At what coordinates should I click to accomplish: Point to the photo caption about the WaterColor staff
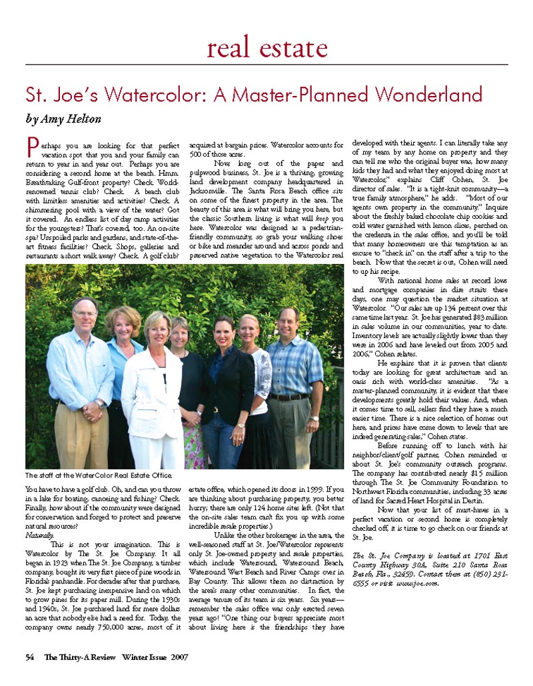(98, 475)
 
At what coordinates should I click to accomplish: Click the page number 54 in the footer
(29, 657)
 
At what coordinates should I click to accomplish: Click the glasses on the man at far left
(85, 313)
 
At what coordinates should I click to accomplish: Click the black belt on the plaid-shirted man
(288, 397)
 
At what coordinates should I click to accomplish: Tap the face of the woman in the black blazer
(225, 331)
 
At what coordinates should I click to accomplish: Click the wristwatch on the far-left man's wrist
(100, 405)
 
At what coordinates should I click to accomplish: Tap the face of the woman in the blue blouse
(125, 323)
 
